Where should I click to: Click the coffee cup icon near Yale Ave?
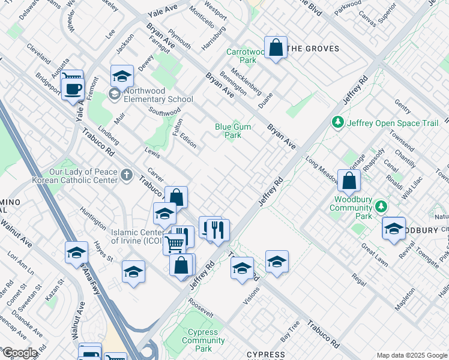[73, 89]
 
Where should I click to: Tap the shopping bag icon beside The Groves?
[276, 48]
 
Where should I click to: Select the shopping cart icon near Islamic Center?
[175, 244]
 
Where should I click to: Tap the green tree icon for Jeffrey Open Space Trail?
[338, 123]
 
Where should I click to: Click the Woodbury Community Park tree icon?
[380, 206]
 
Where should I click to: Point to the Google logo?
[20, 353]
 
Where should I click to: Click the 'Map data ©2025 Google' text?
[412, 355]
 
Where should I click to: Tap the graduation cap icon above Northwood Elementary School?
[122, 76]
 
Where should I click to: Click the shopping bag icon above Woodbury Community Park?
[349, 180]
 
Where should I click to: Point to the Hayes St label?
[103, 251]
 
